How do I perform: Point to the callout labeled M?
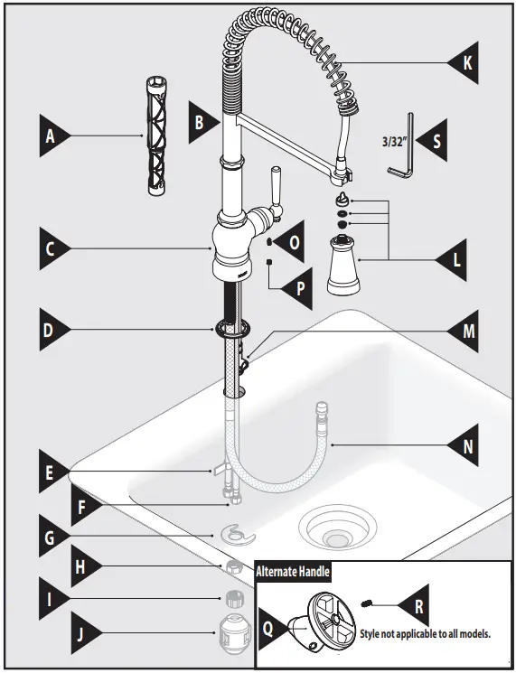coord(465,332)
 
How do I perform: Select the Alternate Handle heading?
coord(293,571)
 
